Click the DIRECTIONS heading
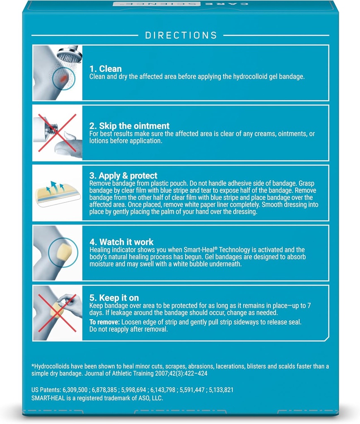(x=181, y=35)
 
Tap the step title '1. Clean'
(x=106, y=68)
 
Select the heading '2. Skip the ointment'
(x=129, y=126)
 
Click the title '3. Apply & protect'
(x=123, y=176)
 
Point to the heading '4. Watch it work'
(x=121, y=242)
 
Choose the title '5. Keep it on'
(x=114, y=298)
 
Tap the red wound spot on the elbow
(x=63, y=78)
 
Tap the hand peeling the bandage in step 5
(x=71, y=305)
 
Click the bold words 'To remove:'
(x=104, y=322)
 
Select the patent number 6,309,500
(x=75, y=390)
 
